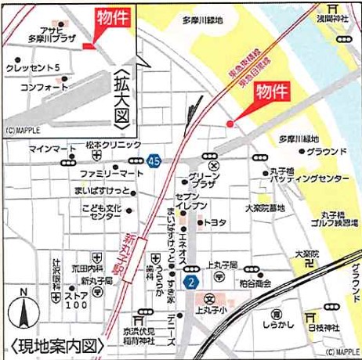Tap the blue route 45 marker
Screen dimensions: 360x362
(154, 161)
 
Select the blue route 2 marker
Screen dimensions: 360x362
(190, 281)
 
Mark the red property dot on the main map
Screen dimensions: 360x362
(230, 124)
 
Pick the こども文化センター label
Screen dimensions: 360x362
(104, 212)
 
